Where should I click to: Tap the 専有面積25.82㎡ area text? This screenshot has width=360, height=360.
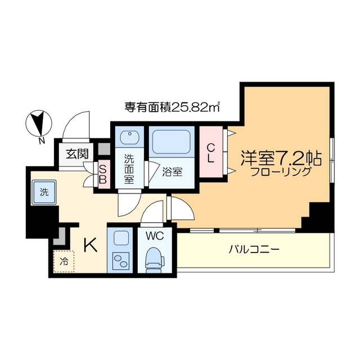(172, 106)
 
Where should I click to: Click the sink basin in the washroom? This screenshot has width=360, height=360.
(130, 138)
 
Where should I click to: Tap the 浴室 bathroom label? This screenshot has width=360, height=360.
(173, 172)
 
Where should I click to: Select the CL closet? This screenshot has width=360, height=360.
(210, 152)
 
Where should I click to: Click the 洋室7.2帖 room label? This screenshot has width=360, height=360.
(281, 157)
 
